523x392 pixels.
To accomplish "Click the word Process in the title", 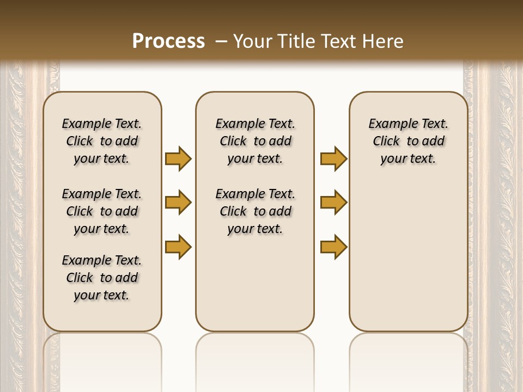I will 168,41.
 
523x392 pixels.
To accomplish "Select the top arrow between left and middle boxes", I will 178,158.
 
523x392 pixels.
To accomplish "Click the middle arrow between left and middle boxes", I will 178,203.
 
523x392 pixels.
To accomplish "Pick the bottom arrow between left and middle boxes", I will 178,246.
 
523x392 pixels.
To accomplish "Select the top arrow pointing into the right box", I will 333,158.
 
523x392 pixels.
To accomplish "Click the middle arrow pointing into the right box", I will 333,203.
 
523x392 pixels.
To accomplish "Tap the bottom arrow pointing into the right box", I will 333,246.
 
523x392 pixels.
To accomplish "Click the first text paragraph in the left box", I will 102,141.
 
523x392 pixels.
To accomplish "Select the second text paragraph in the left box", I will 102,211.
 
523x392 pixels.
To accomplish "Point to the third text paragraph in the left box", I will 102,278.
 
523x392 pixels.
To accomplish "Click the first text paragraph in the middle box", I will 255,141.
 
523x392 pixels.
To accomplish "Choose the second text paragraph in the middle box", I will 255,211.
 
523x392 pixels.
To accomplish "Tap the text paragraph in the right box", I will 408,141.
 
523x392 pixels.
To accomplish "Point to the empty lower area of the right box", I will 408,256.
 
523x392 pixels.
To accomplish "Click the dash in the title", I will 221,41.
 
